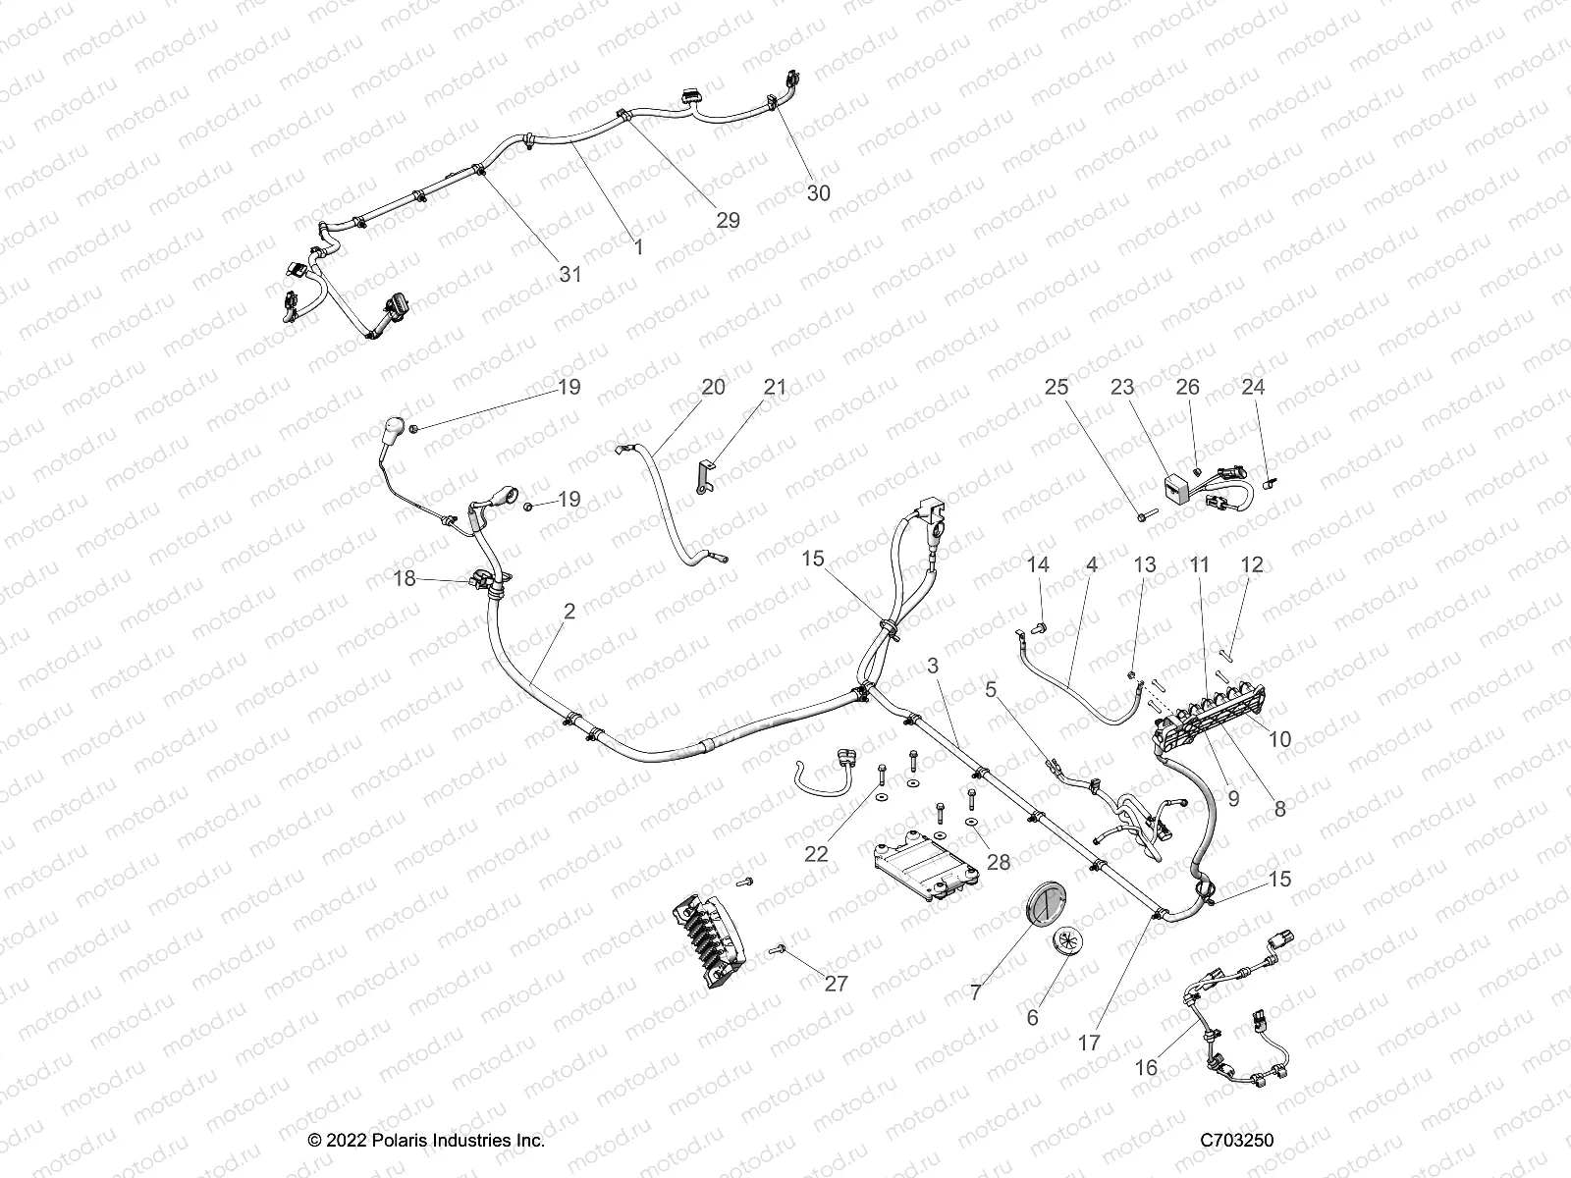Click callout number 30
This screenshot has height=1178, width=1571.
(818, 193)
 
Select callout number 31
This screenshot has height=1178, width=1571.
(570, 275)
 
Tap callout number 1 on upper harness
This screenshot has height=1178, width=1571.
(639, 248)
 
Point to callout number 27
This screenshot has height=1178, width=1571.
(836, 984)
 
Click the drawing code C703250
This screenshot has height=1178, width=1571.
(1237, 1141)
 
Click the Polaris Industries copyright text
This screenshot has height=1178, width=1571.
(426, 1141)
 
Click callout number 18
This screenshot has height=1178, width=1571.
(405, 579)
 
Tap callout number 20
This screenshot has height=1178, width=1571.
(714, 387)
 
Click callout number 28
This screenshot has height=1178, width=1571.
(998, 863)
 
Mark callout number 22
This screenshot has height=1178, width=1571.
(816, 854)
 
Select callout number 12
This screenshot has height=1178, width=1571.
(1252, 565)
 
